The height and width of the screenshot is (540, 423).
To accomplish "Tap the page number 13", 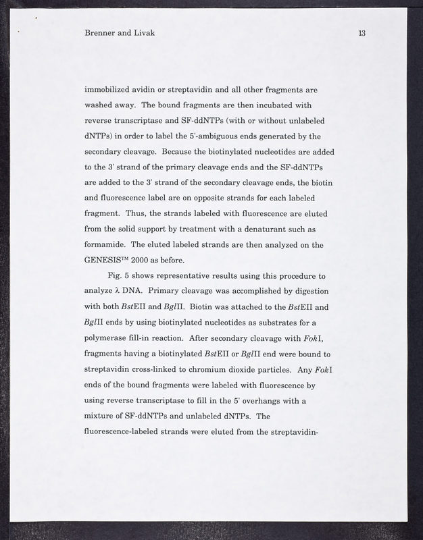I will coord(362,32).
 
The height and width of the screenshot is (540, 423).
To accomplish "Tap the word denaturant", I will coord(262,230).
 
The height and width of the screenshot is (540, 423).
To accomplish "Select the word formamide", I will coord(109,245).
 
